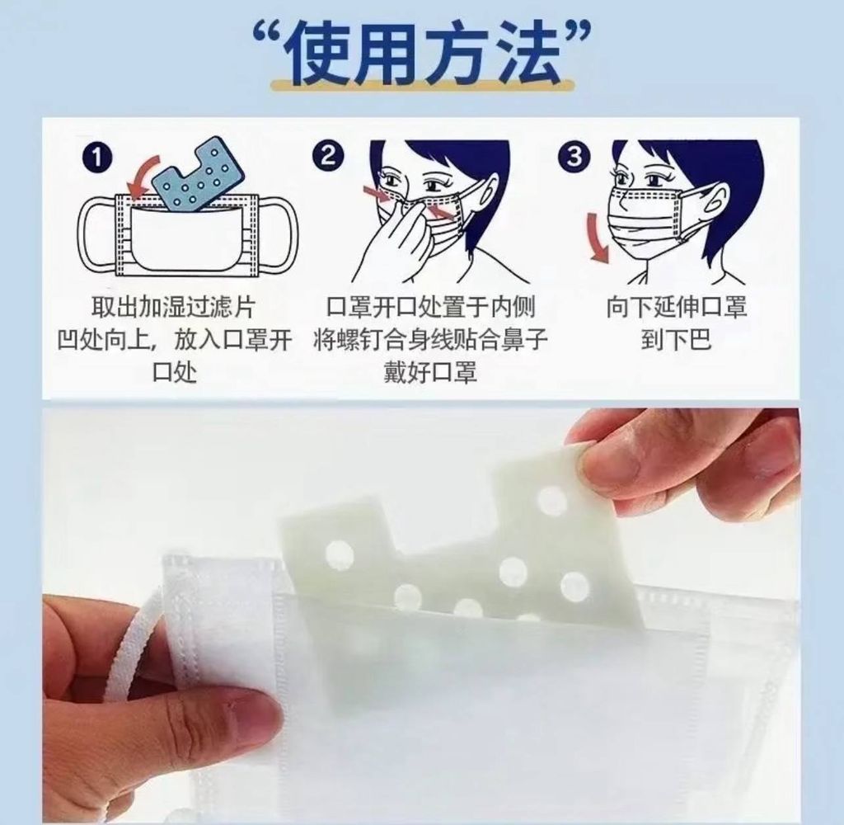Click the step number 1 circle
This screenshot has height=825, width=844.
[x=97, y=158]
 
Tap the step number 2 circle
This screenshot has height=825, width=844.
[x=328, y=156]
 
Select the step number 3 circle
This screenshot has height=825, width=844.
[x=574, y=156]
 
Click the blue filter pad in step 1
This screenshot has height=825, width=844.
[x=198, y=174]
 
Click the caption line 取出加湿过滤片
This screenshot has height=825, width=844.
[x=173, y=307]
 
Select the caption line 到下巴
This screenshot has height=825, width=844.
[x=676, y=339]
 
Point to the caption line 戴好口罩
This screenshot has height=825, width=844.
[x=430, y=372]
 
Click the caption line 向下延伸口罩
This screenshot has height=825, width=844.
[x=677, y=307]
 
